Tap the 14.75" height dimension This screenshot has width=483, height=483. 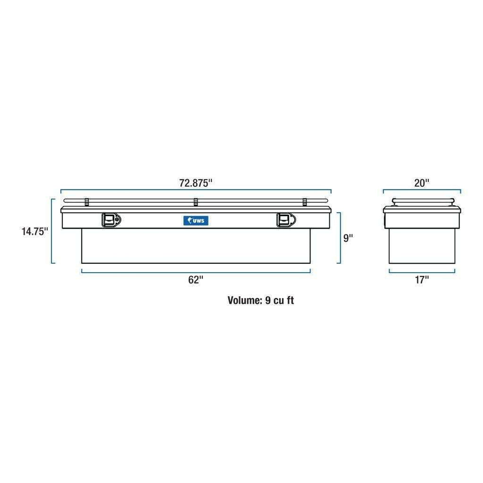pyautogui.click(x=35, y=232)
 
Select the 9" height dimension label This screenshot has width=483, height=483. pyautogui.click(x=348, y=238)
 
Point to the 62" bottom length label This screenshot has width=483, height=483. pyautogui.click(x=195, y=279)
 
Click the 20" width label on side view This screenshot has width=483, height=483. pyautogui.click(x=422, y=183)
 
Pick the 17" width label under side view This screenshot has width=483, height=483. pyautogui.click(x=422, y=279)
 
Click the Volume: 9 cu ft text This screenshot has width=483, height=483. pyautogui.click(x=260, y=300)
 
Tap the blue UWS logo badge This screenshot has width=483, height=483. pyautogui.click(x=196, y=220)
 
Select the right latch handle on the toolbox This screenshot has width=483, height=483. pyautogui.click(x=285, y=220)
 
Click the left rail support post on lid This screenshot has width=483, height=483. pyautogui.click(x=86, y=202)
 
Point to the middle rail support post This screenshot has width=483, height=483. pyautogui.click(x=195, y=202)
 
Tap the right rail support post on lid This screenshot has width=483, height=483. pyautogui.click(x=305, y=202)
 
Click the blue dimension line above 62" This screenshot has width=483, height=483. pyautogui.click(x=196, y=272)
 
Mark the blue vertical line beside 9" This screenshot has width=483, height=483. pyautogui.click(x=339, y=238)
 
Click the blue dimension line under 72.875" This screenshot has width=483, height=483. pyautogui.click(x=196, y=190)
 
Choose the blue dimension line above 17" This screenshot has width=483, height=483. pyautogui.click(x=422, y=272)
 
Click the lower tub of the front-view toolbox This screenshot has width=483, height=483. pyautogui.click(x=196, y=246)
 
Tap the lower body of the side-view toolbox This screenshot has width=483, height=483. pyautogui.click(x=422, y=246)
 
